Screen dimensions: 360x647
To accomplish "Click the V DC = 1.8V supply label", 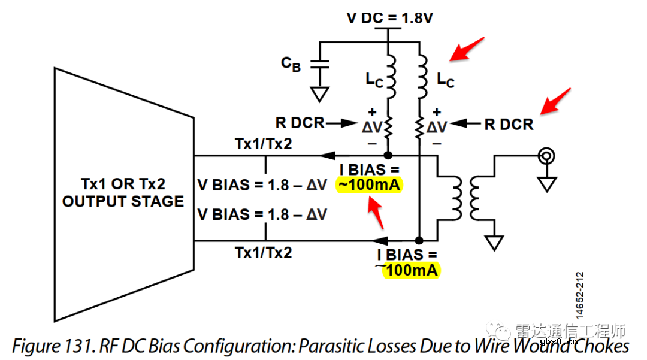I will click(x=389, y=19).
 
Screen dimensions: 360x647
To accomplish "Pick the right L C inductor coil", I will click(x=422, y=77).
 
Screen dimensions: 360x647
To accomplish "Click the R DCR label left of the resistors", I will click(x=300, y=123).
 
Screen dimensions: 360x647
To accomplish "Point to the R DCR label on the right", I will click(x=509, y=125).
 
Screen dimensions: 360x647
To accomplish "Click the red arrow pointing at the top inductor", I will click(x=467, y=49).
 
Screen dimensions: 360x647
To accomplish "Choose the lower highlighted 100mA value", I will click(x=412, y=271).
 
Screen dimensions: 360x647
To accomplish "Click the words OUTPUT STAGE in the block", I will click(x=123, y=202).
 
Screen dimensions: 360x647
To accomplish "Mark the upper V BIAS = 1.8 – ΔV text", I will click(x=261, y=185).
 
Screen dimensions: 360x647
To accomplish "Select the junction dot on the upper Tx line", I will click(x=388, y=155).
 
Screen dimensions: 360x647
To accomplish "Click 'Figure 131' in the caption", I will click(x=50, y=346).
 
